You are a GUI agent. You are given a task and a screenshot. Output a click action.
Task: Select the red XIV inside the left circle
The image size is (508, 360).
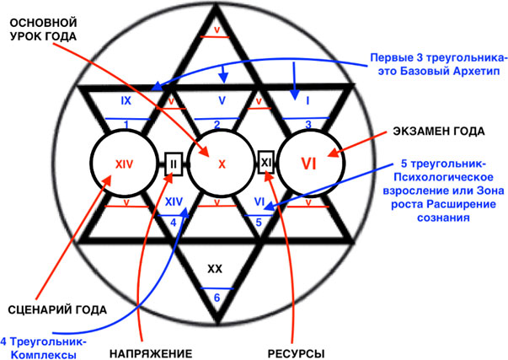(x=125, y=164)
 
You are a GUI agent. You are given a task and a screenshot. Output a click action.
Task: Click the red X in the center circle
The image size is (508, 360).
(x=222, y=164)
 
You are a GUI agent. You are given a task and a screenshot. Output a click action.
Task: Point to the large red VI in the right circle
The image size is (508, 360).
(x=308, y=164)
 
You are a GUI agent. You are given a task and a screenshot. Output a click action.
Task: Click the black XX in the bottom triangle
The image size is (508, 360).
(x=215, y=269)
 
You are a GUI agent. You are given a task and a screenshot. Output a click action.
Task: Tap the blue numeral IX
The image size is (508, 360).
(x=126, y=101)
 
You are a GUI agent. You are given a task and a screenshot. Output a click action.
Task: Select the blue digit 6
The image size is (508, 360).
(x=217, y=298)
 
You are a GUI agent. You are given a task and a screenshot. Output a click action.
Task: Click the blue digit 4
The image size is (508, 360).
(x=174, y=223)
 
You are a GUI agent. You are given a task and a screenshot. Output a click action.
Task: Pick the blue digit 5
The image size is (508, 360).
(x=259, y=223)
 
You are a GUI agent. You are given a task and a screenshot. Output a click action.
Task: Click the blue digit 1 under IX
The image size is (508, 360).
(x=126, y=125)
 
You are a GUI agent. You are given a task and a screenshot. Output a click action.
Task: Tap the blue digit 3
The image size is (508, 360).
(x=308, y=125)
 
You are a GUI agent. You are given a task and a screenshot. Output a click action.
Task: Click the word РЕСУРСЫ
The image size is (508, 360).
(x=296, y=353)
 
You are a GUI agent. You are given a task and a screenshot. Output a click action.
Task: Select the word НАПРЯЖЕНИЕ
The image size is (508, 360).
(x=151, y=353)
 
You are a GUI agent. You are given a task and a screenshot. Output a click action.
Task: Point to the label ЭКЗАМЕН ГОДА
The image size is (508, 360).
(x=439, y=132)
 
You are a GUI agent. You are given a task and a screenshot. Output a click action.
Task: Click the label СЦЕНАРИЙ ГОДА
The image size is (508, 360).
(x=57, y=310)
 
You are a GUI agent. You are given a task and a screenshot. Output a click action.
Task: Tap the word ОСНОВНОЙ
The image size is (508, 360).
(x=44, y=23)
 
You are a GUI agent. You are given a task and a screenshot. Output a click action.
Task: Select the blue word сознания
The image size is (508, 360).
(x=443, y=218)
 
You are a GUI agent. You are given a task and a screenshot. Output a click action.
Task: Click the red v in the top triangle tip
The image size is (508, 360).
(x=217, y=30)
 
